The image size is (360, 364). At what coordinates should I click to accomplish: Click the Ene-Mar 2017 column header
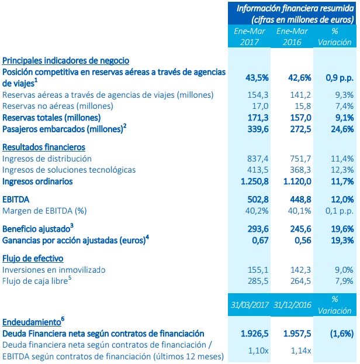pyautogui.click(x=251, y=36)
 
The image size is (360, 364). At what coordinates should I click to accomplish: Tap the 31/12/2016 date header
pyautogui.click(x=293, y=304)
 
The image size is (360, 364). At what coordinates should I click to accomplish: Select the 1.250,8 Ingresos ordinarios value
pyautogui.click(x=250, y=181)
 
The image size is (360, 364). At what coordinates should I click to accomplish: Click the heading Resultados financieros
pyautogui.click(x=44, y=146)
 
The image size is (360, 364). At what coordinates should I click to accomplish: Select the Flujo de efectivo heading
pyautogui.click(x=33, y=258)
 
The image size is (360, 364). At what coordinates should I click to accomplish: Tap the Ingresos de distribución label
pyautogui.click(x=47, y=159)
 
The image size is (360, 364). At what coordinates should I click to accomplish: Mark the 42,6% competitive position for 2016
pyautogui.click(x=294, y=77)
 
